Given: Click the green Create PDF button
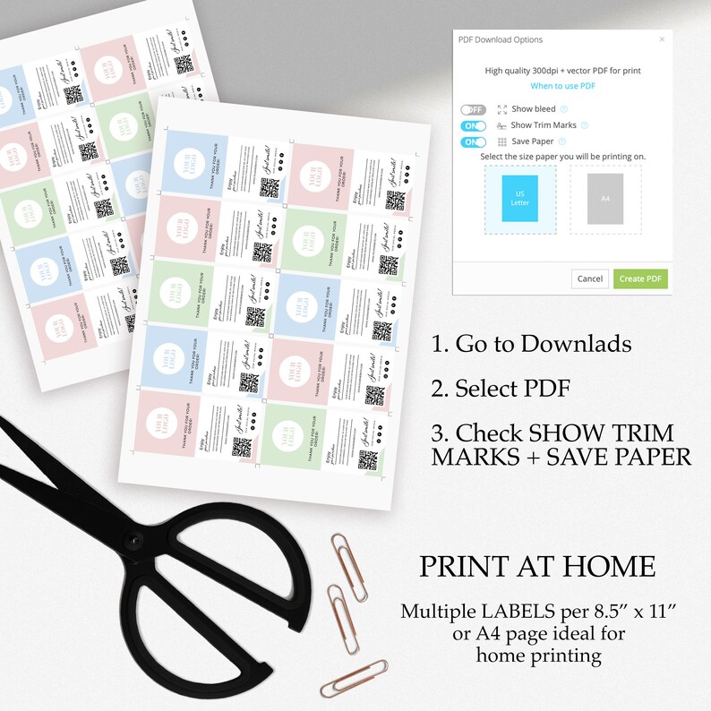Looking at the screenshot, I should click(x=640, y=278).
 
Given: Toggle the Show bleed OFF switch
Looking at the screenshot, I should click(x=473, y=109).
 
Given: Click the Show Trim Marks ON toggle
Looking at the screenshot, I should click(x=473, y=125).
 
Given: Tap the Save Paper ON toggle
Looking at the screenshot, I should click(x=473, y=141).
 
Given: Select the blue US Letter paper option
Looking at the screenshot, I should click(x=520, y=199).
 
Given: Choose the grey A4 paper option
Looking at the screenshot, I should click(x=605, y=199).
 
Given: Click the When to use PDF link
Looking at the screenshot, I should click(x=562, y=86).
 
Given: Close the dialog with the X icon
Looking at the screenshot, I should click(x=662, y=39).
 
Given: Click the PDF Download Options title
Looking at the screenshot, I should click(x=501, y=39).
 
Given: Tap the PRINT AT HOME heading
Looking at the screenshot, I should click(x=537, y=567).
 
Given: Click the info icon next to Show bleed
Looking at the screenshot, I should click(x=563, y=109).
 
